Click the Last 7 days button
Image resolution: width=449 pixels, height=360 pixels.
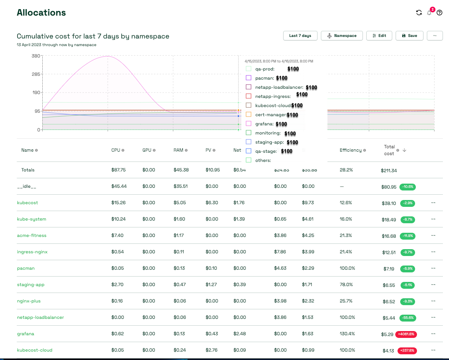[300, 35]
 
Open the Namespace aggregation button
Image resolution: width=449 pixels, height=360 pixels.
[342, 35]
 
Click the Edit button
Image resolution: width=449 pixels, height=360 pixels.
[379, 35]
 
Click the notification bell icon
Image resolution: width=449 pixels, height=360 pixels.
[430, 13]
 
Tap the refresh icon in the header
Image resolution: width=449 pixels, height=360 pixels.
[419, 13]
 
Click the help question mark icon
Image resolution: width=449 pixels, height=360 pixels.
[439, 13]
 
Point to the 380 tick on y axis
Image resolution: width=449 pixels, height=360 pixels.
[36, 56]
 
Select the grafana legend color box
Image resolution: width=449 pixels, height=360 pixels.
[249, 124]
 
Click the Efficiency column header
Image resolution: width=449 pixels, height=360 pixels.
[350, 150]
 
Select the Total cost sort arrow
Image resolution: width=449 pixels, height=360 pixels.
[404, 150]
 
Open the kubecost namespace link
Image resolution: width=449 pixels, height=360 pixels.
[27, 203]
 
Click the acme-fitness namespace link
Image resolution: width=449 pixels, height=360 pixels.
[32, 235]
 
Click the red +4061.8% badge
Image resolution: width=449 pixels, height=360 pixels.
[406, 334]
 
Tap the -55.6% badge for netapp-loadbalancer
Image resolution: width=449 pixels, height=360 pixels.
[408, 318]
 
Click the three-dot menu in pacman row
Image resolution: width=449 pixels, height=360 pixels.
[433, 268]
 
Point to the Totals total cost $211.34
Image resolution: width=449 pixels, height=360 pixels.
[388, 171]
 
